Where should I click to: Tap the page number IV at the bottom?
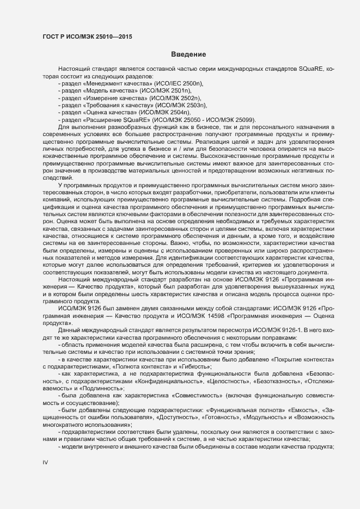pos(45,462)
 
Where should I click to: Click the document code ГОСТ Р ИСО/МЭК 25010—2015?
pos(88,36)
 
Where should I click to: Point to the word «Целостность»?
pos(213,382)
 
